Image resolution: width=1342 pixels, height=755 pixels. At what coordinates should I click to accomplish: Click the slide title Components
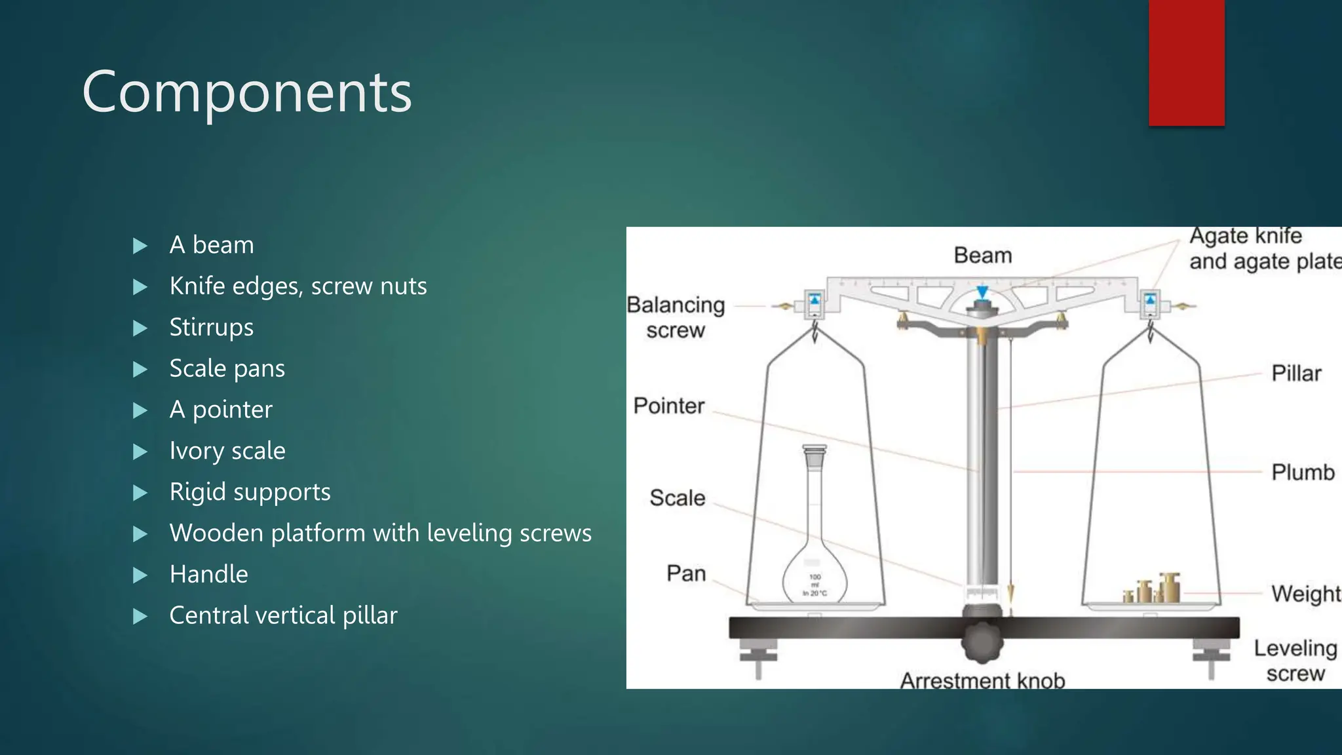click(x=246, y=92)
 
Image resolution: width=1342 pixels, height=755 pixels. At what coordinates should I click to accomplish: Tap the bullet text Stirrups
click(x=211, y=327)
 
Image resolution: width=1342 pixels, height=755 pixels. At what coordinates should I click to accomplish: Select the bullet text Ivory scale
click(x=227, y=451)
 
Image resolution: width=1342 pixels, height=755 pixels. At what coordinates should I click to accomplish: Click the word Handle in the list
click(x=208, y=575)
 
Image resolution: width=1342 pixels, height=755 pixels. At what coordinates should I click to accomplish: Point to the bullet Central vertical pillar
click(x=283, y=616)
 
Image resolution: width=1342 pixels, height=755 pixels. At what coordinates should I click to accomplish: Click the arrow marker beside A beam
click(x=140, y=246)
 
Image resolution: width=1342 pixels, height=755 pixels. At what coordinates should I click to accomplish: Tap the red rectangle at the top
click(x=1186, y=62)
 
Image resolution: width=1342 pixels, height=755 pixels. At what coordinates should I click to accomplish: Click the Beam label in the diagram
click(x=982, y=256)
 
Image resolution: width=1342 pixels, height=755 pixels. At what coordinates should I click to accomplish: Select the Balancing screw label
click(x=676, y=317)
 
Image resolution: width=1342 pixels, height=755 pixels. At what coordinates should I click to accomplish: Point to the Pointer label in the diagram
click(x=668, y=406)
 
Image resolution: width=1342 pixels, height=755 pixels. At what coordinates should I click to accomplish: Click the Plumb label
click(x=1302, y=473)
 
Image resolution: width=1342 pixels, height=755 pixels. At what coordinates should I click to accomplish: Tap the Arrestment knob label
click(x=982, y=680)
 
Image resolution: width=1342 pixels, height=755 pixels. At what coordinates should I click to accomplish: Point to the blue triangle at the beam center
click(x=982, y=292)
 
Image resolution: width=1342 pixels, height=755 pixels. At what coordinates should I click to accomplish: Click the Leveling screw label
click(x=1295, y=661)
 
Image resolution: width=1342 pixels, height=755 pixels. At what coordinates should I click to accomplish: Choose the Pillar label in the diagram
click(x=1295, y=374)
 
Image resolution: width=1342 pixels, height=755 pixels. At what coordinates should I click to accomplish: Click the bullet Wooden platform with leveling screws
click(x=380, y=533)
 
